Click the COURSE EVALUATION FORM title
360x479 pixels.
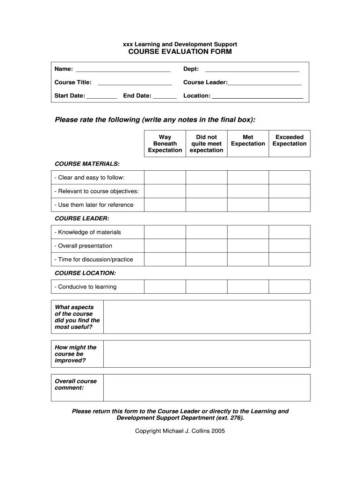tap(180, 51)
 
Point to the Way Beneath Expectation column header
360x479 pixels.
tap(165, 144)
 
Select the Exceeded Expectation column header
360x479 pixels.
tap(289, 140)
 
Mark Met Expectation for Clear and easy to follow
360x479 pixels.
tap(248, 178)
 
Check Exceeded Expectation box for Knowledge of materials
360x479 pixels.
tap(289, 232)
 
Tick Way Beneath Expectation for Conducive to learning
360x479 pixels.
tap(165, 287)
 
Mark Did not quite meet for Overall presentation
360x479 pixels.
tap(206, 246)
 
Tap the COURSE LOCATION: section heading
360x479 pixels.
tap(85, 273)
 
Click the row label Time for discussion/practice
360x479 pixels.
tap(94, 260)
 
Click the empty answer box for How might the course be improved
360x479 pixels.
tap(206, 354)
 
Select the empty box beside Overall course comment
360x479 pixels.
tap(206, 388)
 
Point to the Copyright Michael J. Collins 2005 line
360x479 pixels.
tap(180, 431)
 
